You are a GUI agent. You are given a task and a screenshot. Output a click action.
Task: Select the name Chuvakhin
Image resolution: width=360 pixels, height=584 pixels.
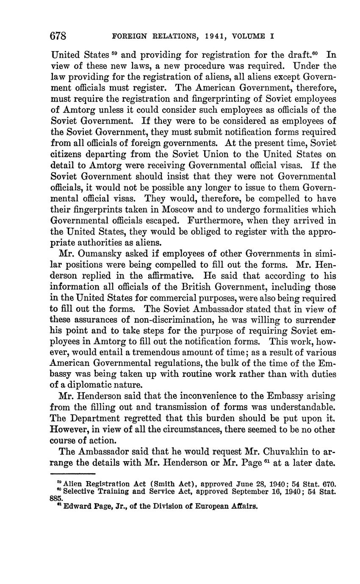click(x=294, y=450)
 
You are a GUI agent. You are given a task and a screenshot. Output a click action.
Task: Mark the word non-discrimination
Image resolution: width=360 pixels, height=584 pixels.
click(x=187, y=320)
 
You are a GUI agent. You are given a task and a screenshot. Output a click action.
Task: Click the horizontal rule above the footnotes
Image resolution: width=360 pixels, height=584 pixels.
click(x=73, y=473)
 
